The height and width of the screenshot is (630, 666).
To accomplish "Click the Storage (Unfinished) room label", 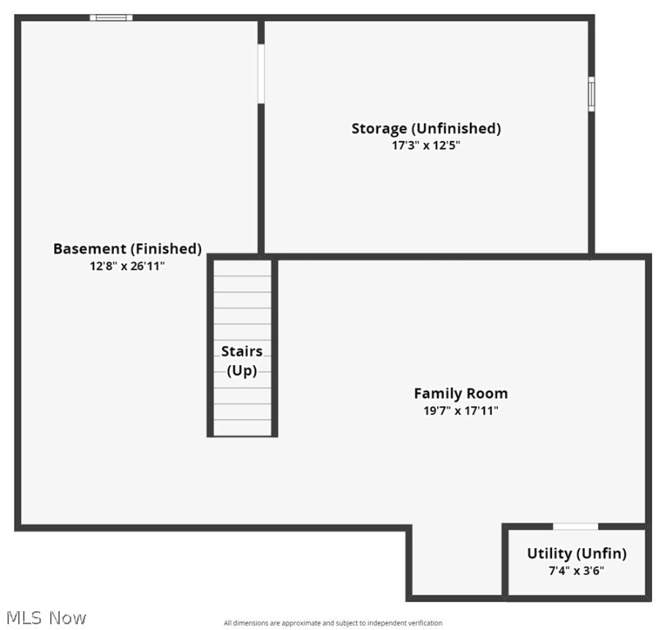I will point(426,129).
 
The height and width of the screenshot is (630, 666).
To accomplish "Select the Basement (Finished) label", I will point(127,249).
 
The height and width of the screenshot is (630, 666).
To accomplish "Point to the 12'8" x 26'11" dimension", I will point(127,266).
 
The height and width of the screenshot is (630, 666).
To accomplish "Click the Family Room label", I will point(460,394).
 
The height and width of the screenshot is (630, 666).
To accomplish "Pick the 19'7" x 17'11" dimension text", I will point(460,411).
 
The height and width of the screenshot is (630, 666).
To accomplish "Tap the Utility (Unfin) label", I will point(577,554).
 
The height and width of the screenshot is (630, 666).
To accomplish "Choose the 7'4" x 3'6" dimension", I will point(577,571).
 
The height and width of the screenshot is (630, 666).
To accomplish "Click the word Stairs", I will point(242,352).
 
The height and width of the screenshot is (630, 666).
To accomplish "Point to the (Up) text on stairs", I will point(242,371).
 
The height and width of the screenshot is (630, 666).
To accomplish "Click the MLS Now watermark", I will point(45,618).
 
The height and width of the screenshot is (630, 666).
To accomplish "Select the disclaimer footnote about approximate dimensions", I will point(333,623).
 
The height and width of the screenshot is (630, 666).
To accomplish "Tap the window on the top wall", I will point(111,17).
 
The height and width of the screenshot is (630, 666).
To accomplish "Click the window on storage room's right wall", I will point(591,94).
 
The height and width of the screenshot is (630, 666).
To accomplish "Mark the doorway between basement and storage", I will point(261,74).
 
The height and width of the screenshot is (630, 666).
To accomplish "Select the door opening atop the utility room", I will point(575,527).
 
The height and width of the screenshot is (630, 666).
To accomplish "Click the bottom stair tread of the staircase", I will point(242,427).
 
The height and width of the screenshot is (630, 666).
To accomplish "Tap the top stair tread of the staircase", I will point(242,268).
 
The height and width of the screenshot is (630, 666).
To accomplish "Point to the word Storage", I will point(379,129).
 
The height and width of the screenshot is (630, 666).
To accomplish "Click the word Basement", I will point(89,249).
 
